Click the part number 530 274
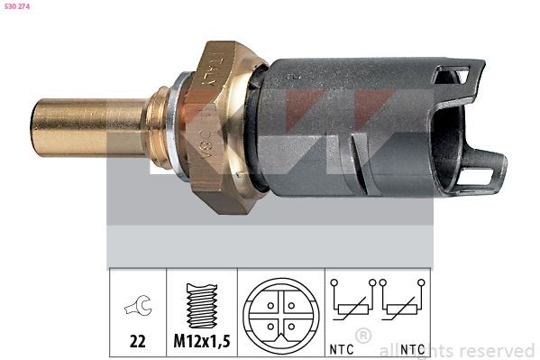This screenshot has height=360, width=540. pos(17,7)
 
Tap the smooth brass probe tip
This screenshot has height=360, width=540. pos(86,127)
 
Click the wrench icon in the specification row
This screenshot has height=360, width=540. pos(137,309)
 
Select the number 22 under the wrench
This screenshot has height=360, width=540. pos(137,343)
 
